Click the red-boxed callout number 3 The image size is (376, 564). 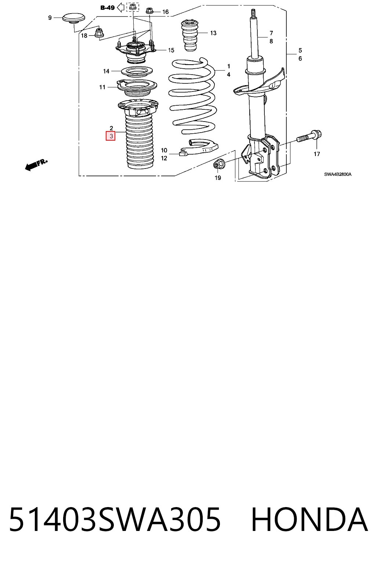point(111,136)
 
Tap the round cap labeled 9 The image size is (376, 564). point(73,18)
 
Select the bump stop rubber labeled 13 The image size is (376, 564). point(189,36)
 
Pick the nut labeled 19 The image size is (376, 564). point(217,165)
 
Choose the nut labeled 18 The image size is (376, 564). point(98,32)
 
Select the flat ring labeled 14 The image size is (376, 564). point(137,72)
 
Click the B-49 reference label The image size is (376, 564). point(108,8)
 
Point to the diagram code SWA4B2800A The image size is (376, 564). point(338,174)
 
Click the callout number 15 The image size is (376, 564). point(171,50)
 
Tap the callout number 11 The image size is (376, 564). point(102,87)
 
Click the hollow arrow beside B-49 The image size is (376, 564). point(121,8)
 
